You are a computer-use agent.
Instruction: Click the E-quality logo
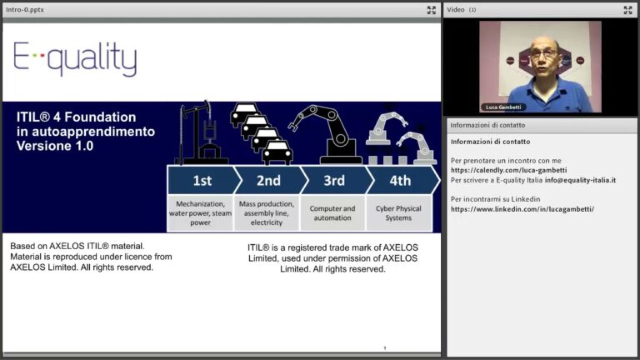coord(75,58)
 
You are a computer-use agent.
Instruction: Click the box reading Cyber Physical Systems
coord(399,213)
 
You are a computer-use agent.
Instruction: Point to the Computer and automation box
coord(332,213)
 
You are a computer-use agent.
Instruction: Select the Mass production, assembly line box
coord(267,213)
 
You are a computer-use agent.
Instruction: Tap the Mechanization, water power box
coord(200,213)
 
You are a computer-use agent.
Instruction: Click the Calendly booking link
coord(508,170)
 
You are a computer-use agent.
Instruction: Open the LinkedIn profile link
coord(522,209)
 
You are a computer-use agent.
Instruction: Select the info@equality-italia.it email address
coord(580,180)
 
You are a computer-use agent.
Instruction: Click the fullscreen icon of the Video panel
coord(627,10)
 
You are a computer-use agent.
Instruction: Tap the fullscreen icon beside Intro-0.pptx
coord(432,10)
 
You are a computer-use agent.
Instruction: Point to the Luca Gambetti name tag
coord(503,107)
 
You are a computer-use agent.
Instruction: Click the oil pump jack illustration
coord(201,133)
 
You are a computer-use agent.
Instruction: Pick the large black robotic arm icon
coord(327,135)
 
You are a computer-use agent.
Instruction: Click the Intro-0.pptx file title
coord(25,9)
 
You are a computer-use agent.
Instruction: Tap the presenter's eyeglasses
coord(543,52)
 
